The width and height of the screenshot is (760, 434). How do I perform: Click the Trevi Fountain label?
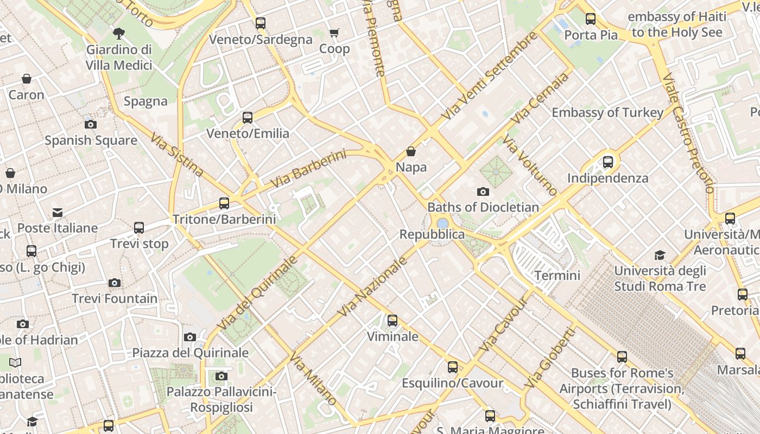pos(115,298)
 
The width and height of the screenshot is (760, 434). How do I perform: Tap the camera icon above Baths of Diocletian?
pos(483,192)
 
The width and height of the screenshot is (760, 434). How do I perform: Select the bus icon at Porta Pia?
pos(591,19)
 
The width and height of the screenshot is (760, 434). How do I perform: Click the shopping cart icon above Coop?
pos(334,33)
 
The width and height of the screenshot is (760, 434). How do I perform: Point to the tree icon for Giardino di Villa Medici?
pos(119,34)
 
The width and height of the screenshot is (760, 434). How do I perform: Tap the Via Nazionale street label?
pos(372,287)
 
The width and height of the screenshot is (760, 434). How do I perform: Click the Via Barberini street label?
pos(307,169)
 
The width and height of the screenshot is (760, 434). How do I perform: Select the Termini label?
pos(557,275)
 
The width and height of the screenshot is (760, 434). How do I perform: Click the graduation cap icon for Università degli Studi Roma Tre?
pos(660,255)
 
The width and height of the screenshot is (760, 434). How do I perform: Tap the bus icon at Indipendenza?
pos(608,162)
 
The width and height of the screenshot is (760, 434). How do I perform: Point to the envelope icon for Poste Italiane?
pos(58,212)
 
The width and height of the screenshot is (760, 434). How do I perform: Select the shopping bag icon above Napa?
pos(411,151)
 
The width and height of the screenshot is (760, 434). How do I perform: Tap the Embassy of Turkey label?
pos(607,113)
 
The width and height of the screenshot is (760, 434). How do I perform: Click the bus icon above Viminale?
pos(392,321)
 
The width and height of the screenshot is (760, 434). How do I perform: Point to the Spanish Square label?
pos(91,141)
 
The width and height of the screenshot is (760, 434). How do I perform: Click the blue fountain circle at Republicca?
pos(442,223)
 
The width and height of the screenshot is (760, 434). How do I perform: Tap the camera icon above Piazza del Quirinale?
pos(189,337)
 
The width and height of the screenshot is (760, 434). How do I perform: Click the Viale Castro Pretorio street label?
pos(688,133)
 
